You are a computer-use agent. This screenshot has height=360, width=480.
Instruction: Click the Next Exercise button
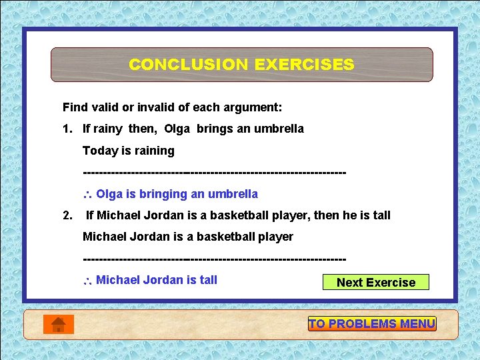coord(375,282)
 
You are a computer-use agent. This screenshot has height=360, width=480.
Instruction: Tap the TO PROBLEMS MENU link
coord(372,324)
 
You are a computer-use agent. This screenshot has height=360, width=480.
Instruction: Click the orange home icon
coord(58,324)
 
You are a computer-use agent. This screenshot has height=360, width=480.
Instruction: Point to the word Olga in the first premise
coord(177,129)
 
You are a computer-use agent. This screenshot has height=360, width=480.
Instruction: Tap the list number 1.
coord(67,129)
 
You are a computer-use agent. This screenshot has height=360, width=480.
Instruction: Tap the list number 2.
coord(67,215)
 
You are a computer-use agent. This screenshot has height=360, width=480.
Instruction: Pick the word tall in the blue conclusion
coord(206,280)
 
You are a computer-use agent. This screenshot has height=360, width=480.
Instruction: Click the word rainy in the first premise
coord(108,129)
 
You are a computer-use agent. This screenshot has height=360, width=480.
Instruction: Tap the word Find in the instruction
coord(75,107)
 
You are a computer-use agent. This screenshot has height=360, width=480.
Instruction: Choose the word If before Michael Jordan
coord(91,215)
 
